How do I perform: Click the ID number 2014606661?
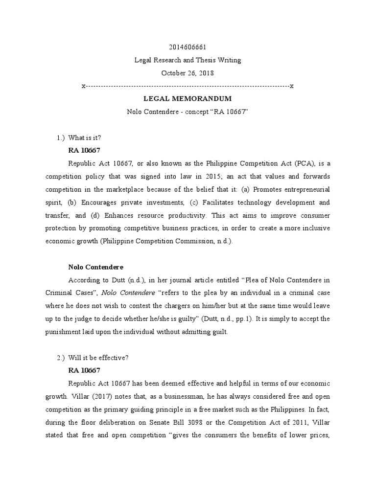click(x=188, y=47)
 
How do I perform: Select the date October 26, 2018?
click(x=188, y=73)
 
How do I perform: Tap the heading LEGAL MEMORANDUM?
click(x=188, y=99)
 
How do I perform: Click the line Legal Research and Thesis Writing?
click(x=188, y=61)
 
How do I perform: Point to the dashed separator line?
click(x=188, y=87)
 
